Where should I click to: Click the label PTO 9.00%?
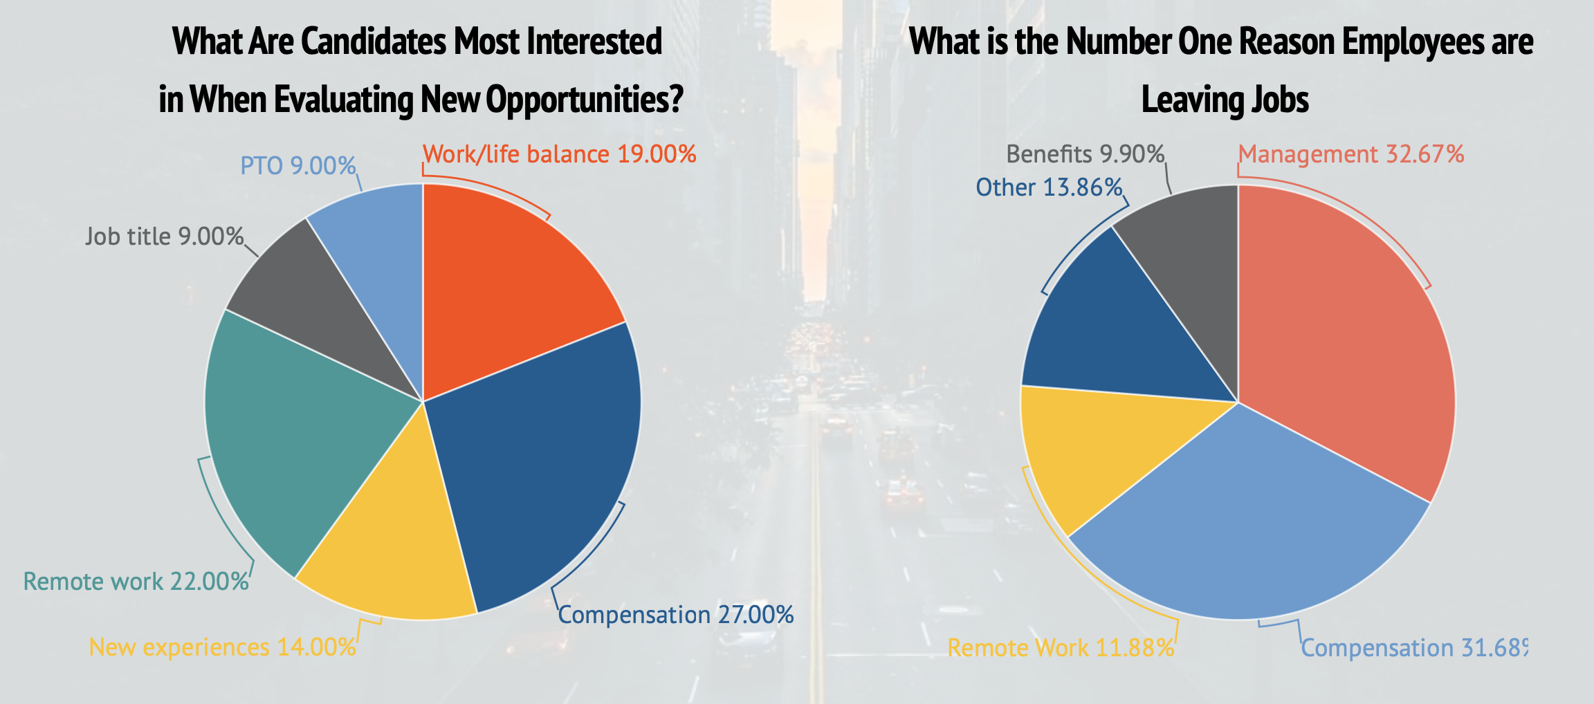pyautogui.click(x=297, y=166)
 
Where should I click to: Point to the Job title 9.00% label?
pyautogui.click(x=164, y=237)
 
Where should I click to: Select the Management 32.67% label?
pyautogui.click(x=1350, y=154)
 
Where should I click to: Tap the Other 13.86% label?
pyautogui.click(x=1048, y=187)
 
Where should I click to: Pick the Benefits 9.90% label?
pyautogui.click(x=1085, y=154)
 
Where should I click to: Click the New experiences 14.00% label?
pyautogui.click(x=222, y=647)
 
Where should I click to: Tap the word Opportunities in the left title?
pyautogui.click(x=585, y=100)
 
